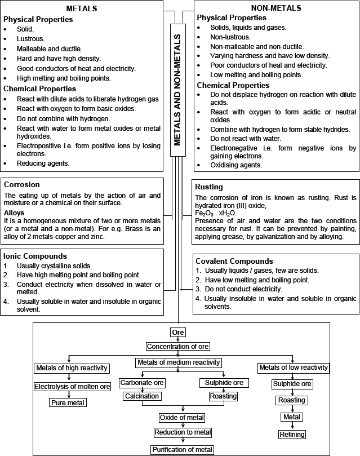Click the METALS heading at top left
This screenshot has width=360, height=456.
click(82, 9)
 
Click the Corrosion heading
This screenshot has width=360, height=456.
click(21, 184)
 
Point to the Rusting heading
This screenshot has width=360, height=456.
click(208, 187)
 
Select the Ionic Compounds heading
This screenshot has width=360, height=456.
click(35, 255)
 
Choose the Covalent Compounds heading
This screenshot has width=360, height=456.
click(234, 261)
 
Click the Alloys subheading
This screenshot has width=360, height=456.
click(15, 212)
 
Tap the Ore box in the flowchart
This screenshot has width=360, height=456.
click(178, 333)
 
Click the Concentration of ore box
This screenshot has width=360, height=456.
click(178, 346)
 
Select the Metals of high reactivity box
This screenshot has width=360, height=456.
click(71, 368)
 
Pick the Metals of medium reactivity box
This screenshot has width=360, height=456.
click(178, 362)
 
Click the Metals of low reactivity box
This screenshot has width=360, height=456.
click(293, 368)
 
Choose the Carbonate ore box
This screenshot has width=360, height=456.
click(142, 383)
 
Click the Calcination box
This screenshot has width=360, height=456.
click(142, 396)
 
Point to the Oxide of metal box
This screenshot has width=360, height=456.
click(183, 418)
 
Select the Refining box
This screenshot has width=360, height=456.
click(292, 434)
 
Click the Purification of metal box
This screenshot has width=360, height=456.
click(183, 449)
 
